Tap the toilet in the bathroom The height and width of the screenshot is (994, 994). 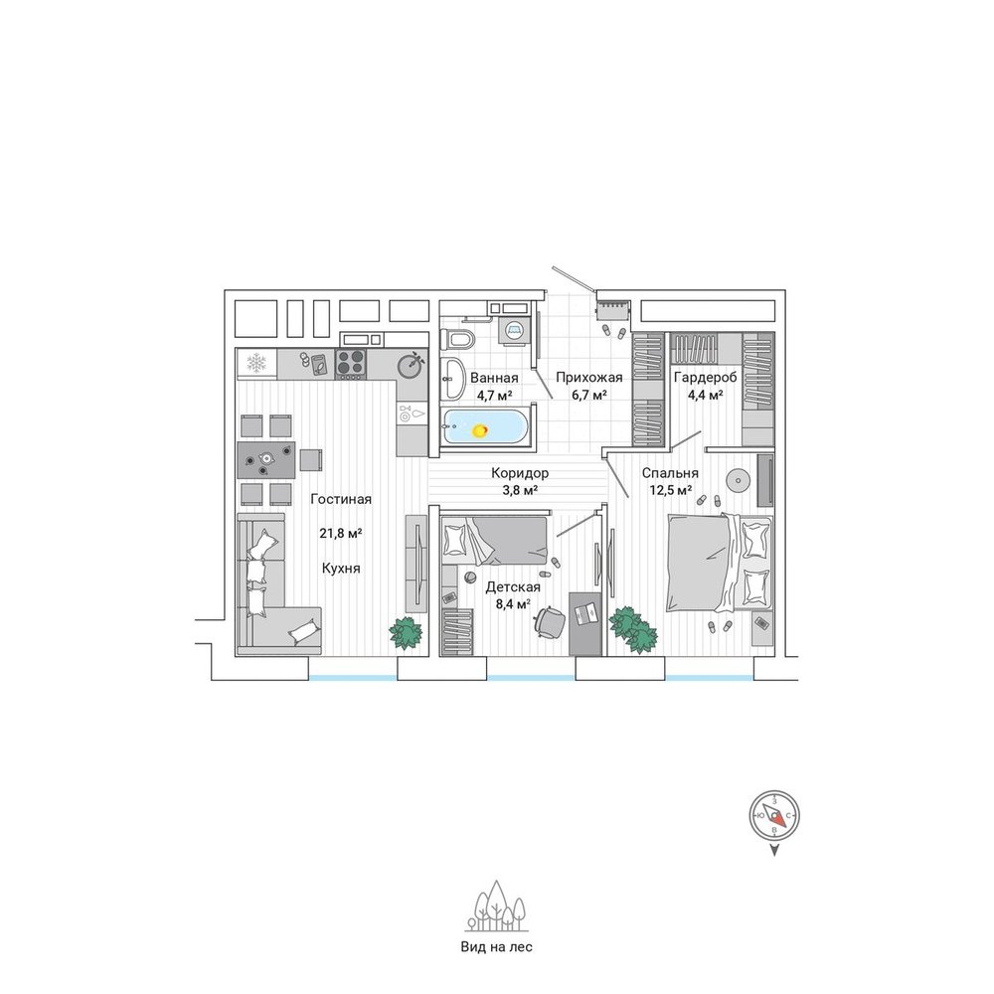point(459,339)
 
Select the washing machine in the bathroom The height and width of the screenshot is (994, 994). point(513,330)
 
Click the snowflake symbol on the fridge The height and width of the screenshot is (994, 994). point(256,363)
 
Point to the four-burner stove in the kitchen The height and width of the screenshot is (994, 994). point(351,364)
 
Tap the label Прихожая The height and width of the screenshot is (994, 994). point(588,378)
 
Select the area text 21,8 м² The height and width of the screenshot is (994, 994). point(340,533)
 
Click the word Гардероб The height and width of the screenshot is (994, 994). point(705,378)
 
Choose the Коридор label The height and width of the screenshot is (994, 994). point(520,473)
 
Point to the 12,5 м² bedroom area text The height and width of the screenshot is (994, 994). point(670,490)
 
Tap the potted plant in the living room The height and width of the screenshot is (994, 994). point(406,633)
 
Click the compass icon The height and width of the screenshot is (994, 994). point(774,815)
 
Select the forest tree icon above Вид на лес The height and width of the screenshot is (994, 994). point(497,906)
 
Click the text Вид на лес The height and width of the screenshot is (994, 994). point(496,947)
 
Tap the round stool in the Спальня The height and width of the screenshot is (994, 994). point(738,480)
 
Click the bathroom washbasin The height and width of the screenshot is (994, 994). point(454,379)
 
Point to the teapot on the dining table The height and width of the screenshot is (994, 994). point(265,457)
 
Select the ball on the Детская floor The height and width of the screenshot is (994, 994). point(471,577)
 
